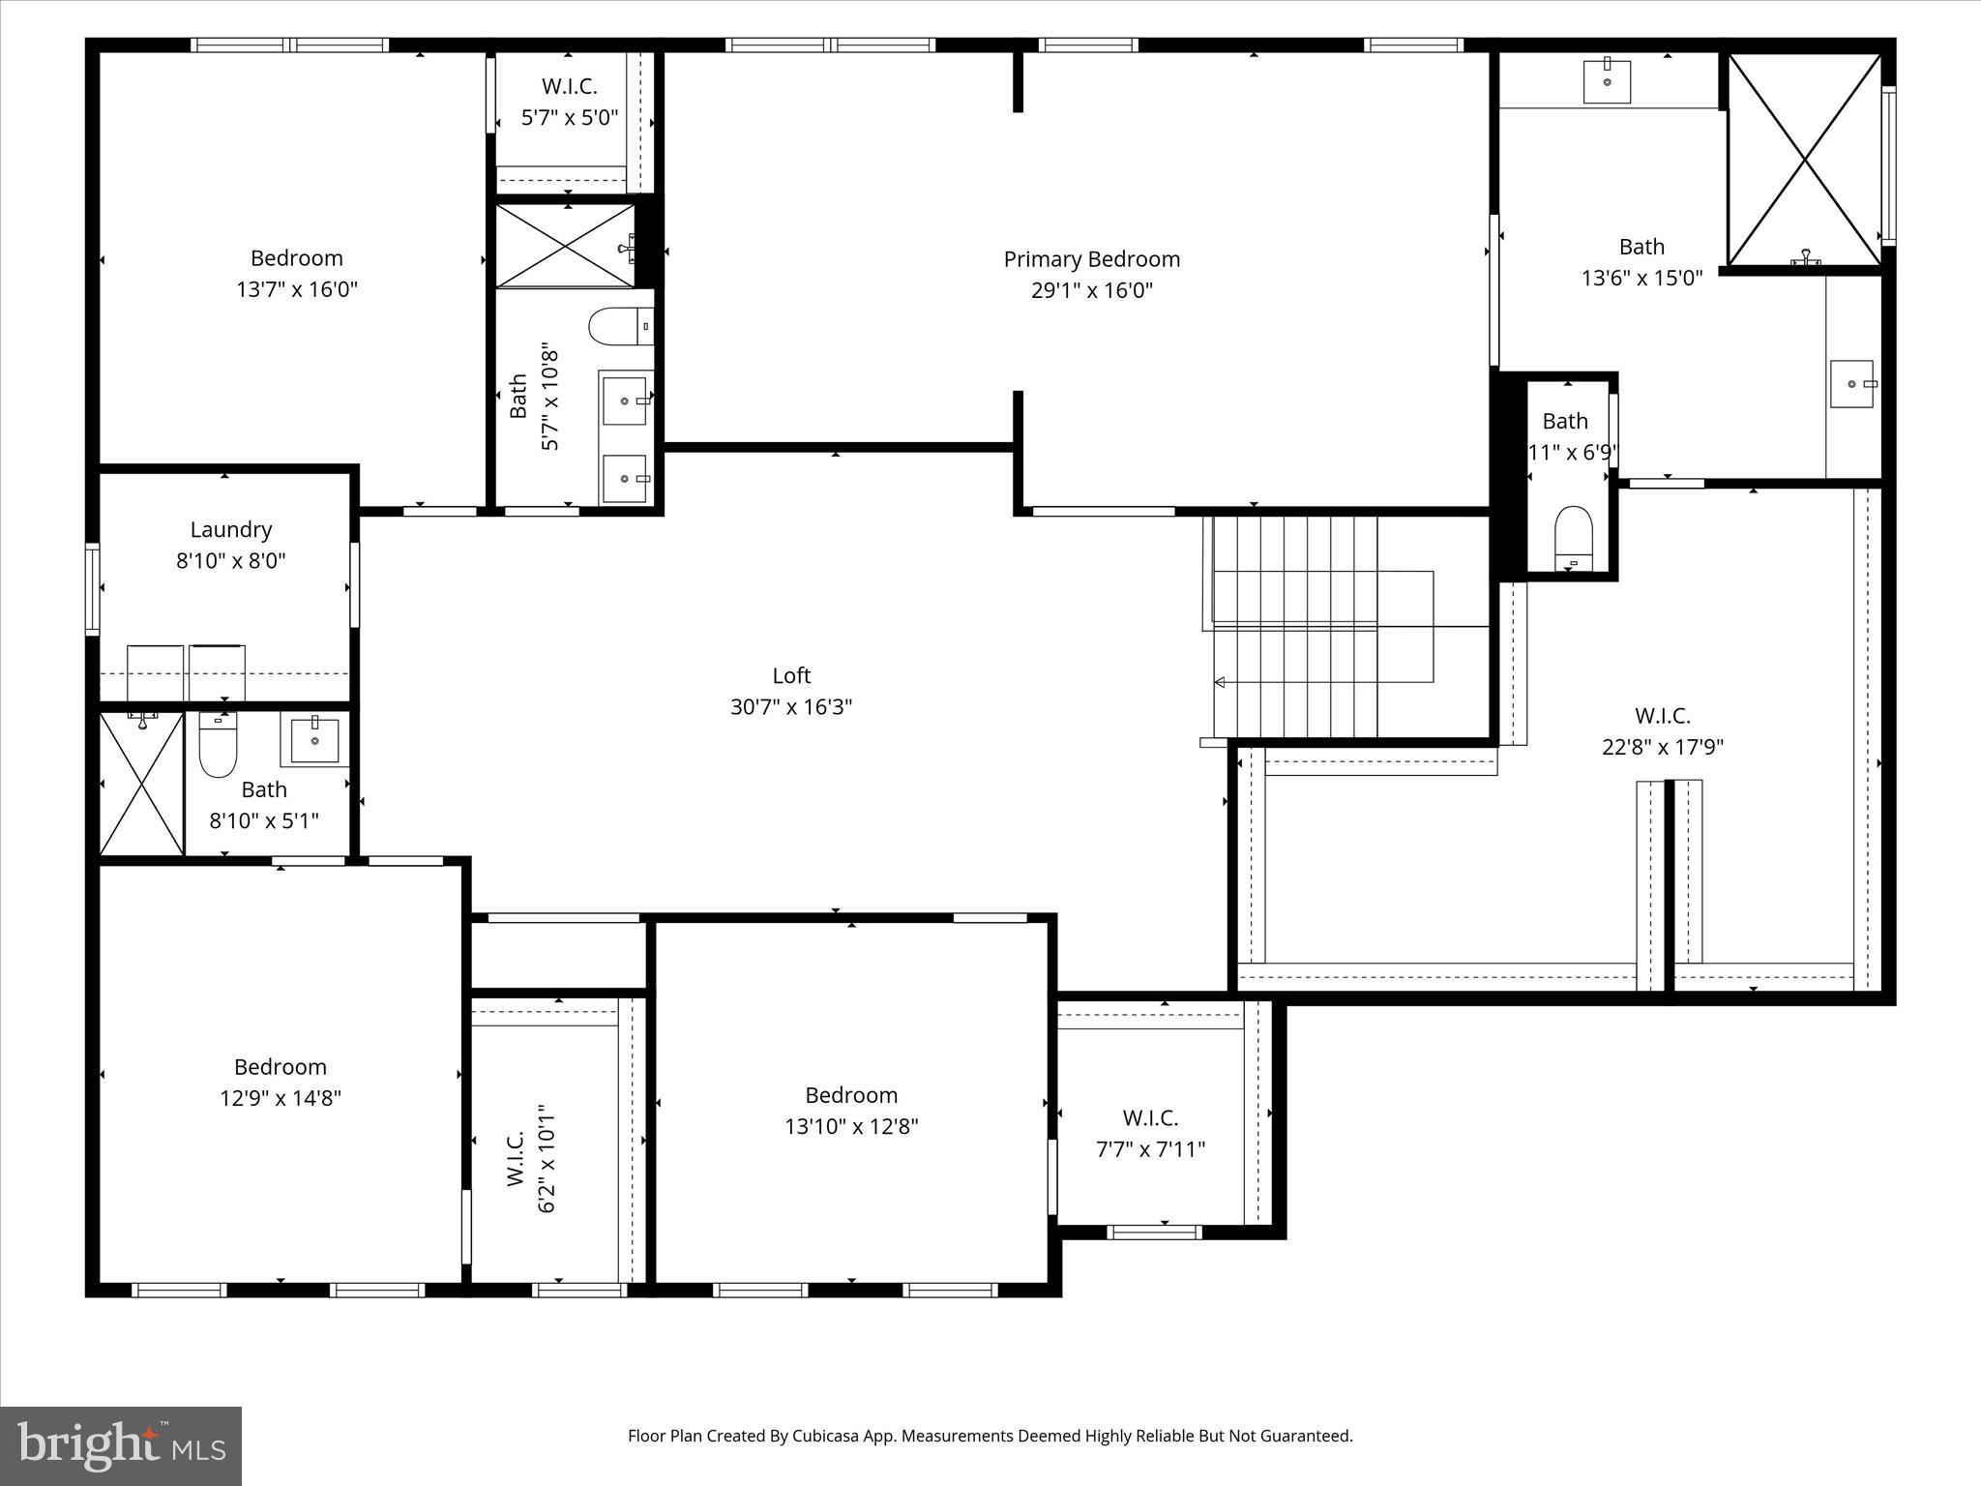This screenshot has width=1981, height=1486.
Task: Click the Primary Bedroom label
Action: pos(1091,259)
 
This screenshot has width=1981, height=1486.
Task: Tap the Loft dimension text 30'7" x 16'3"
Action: pos(790,707)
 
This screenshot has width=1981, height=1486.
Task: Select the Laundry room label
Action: pos(230,530)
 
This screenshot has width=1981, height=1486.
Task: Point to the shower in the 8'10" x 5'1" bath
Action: pos(141,784)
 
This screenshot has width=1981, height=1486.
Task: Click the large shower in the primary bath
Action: pos(1804,160)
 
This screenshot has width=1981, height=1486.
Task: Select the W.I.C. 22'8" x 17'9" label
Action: pos(1662,716)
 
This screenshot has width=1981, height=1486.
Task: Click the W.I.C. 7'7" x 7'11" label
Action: pos(1150,1118)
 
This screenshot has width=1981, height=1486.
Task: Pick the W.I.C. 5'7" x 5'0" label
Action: pos(569,86)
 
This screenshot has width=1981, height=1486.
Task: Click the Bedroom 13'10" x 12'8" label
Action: pos(851,1095)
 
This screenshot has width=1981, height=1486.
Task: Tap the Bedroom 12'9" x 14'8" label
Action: pos(280,1067)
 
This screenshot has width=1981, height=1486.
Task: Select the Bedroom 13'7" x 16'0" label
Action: pos(296,258)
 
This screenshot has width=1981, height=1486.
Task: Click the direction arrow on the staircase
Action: pos(1220,682)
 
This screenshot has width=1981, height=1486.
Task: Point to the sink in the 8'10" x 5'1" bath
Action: pos(315,740)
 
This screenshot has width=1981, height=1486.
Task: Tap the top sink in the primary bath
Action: pos(1607,81)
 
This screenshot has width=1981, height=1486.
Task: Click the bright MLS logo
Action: pos(120,1445)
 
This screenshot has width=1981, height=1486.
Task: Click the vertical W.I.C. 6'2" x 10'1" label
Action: pos(516,1157)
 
